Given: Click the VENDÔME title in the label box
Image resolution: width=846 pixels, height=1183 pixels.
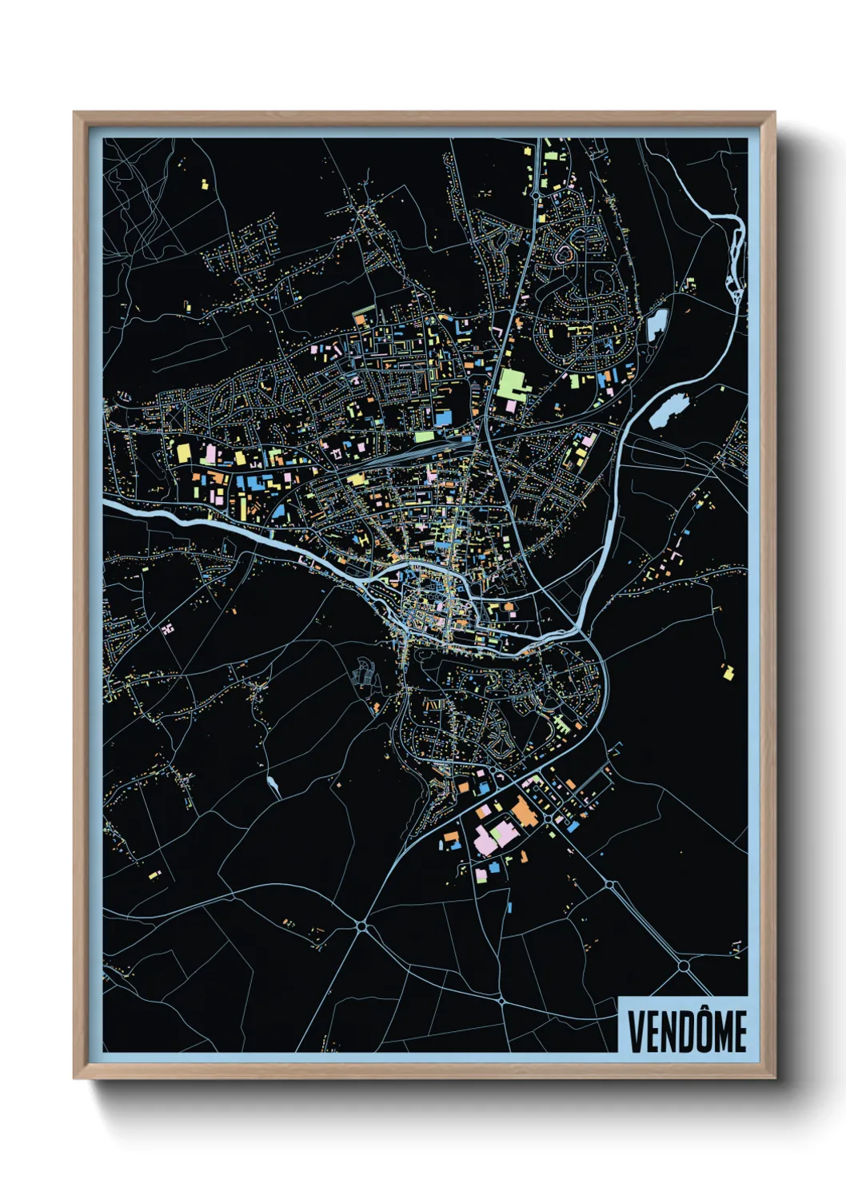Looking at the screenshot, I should tap(686, 1031).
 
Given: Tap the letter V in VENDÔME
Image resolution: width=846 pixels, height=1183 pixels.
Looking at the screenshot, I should tap(636, 1032).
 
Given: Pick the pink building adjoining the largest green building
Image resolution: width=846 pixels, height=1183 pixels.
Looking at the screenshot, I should tap(511, 406).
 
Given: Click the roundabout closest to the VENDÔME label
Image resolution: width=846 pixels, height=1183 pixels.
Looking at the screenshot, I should tap(684, 966).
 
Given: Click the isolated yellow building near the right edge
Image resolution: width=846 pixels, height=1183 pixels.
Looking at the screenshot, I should tap(727, 670).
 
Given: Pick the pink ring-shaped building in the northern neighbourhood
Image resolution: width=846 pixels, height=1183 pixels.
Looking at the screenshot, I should tap(566, 253).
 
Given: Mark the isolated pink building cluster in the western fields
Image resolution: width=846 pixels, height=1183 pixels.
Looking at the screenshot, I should tap(167, 629).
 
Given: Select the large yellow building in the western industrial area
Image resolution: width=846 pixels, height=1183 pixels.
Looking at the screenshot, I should tap(184, 452).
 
